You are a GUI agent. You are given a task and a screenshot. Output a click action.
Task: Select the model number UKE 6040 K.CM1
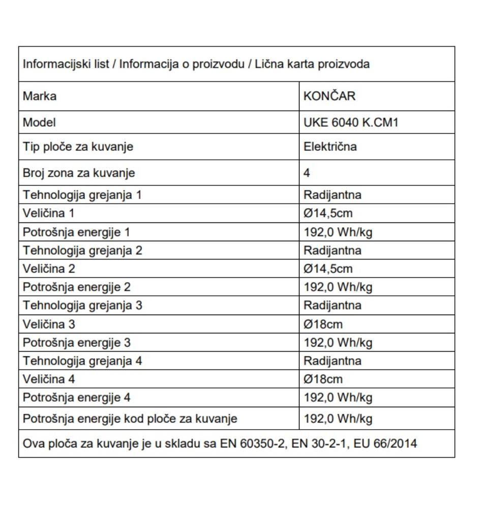tap(350, 122)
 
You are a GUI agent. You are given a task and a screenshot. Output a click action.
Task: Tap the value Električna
tap(330, 147)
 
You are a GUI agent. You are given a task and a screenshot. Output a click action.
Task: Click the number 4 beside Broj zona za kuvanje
tap(307, 173)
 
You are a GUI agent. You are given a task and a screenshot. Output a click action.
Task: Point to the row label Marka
tap(40, 96)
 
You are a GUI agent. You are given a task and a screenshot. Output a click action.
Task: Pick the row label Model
tap(39, 122)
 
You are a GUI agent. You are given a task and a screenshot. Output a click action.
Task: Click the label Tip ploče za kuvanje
tap(78, 147)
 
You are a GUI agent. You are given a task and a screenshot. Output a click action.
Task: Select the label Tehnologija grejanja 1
tap(81, 195)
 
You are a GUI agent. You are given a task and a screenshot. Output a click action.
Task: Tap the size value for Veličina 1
tap(328, 213)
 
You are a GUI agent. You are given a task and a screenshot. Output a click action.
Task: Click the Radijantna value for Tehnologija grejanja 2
tap(333, 250)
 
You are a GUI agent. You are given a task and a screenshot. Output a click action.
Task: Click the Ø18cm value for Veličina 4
tap(323, 379)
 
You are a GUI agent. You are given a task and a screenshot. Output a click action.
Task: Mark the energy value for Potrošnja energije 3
tap(338, 343)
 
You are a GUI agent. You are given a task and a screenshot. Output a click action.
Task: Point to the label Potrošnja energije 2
tap(77, 287)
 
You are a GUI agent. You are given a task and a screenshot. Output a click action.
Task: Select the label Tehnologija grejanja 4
tap(82, 361)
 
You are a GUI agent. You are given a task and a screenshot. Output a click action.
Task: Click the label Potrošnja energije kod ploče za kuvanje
tap(130, 419)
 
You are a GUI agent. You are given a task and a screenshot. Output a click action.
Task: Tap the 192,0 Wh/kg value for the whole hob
tap(338, 419)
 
